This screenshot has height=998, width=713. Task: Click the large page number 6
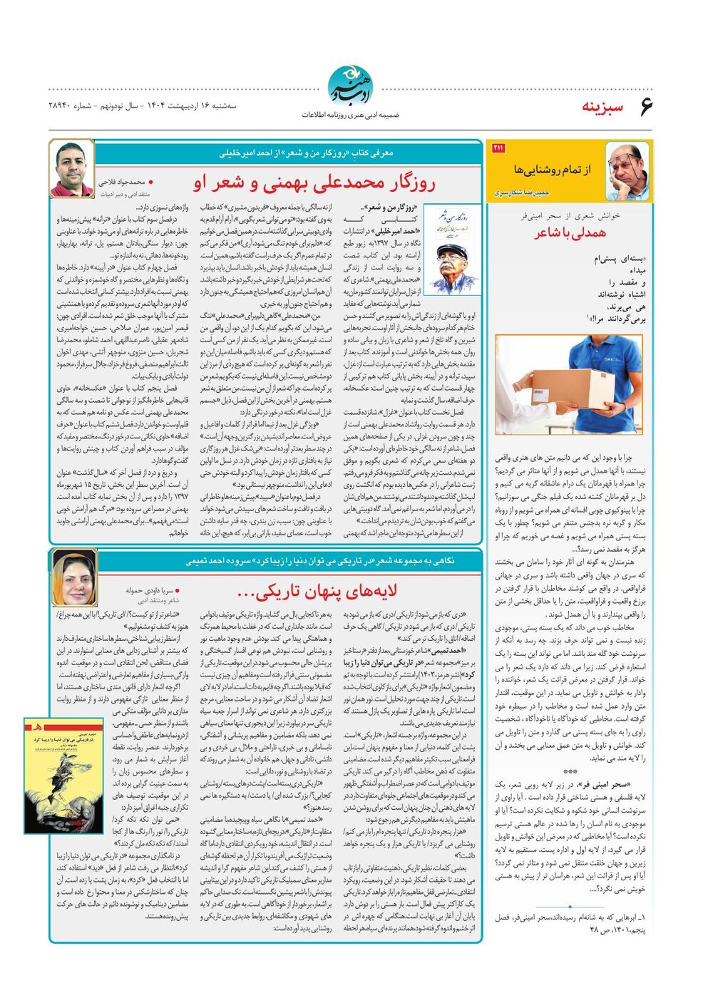click(646, 106)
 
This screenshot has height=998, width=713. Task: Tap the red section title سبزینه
click(602, 107)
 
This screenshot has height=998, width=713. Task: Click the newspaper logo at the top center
click(349, 85)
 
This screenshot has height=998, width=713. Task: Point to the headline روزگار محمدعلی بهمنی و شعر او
click(314, 182)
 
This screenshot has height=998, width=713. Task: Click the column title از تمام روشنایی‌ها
click(552, 170)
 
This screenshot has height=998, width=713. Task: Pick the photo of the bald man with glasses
click(627, 171)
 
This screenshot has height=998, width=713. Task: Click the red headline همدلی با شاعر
click(570, 232)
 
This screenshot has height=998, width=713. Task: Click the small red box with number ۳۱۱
click(498, 148)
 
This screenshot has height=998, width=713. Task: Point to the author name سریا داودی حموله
click(149, 590)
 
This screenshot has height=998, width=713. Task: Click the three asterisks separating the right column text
click(570, 772)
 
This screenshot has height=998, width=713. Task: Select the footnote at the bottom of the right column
click(570, 923)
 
